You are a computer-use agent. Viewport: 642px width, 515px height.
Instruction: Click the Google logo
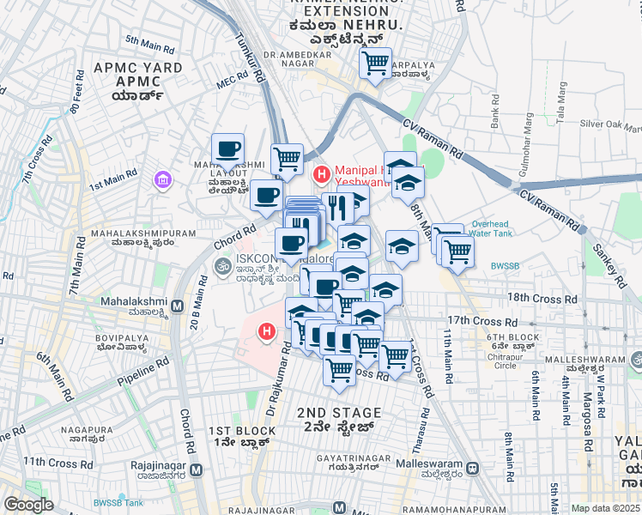tap(28, 505)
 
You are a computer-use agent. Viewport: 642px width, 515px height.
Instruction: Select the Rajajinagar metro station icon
tap(197, 470)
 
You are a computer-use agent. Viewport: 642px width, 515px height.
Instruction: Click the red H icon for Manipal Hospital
tap(322, 175)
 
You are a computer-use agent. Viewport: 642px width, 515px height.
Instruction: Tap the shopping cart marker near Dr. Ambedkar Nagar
tap(375, 64)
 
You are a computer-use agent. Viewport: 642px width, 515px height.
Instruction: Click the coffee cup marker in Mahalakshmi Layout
tap(227, 149)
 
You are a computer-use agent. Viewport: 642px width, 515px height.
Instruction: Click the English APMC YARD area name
tap(137, 68)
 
